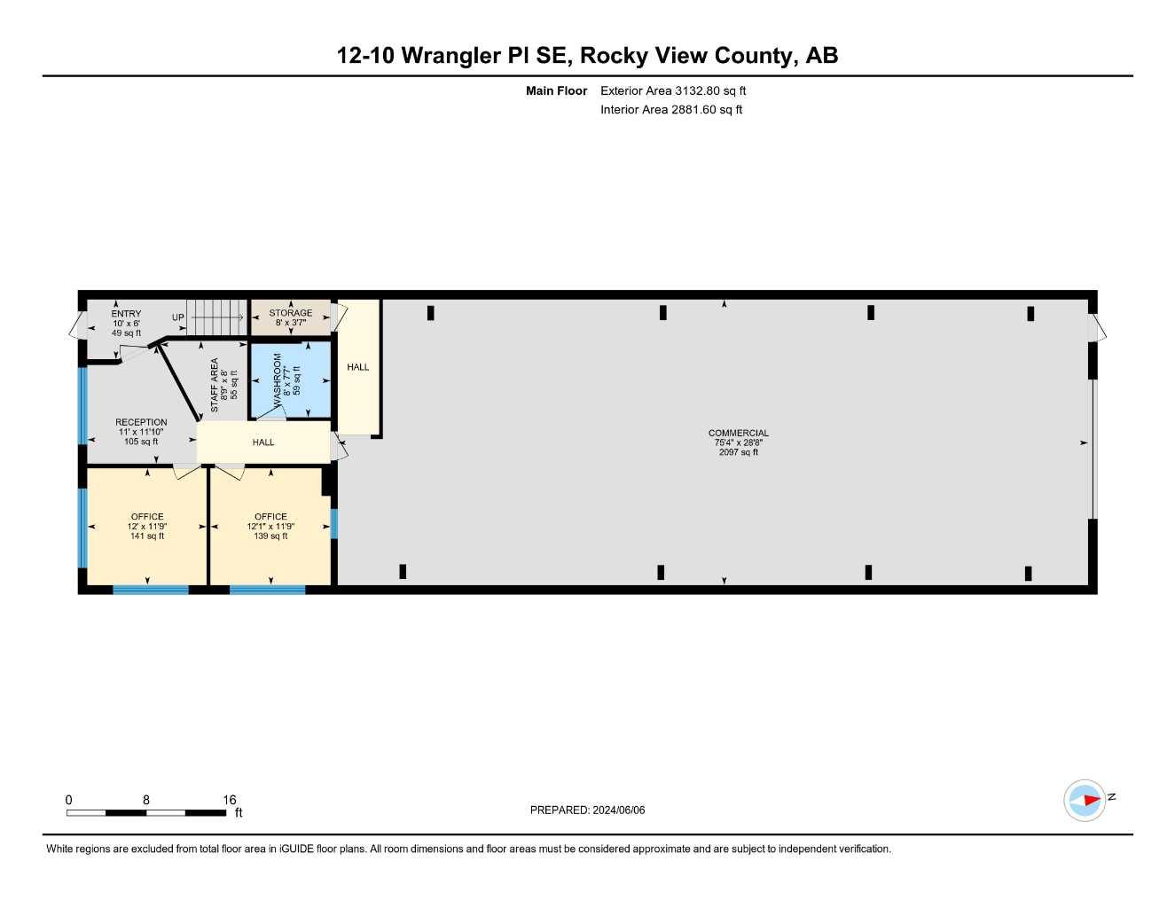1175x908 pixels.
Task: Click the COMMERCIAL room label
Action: (738, 433)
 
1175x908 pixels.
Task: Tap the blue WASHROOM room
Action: (291, 380)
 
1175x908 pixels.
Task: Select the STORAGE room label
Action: (291, 313)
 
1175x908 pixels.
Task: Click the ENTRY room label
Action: (126, 314)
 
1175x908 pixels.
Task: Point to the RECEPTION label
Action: (141, 423)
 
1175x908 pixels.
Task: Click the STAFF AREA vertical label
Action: (215, 385)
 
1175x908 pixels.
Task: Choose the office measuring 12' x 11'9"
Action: (147, 526)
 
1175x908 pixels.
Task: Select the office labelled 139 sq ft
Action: (270, 526)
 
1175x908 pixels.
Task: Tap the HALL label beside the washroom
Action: (358, 367)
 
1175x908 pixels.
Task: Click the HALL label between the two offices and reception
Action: (263, 442)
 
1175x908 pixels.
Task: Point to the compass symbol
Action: (1085, 800)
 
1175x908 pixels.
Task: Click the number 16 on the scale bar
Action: (230, 800)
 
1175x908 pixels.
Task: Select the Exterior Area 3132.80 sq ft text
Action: (673, 90)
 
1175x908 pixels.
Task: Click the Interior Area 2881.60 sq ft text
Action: (671, 110)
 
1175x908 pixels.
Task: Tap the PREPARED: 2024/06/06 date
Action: (587, 810)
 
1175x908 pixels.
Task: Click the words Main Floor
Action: (556, 90)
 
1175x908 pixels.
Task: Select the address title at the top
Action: (587, 56)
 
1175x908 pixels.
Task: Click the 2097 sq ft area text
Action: (738, 452)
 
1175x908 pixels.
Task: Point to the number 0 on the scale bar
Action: (69, 800)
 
